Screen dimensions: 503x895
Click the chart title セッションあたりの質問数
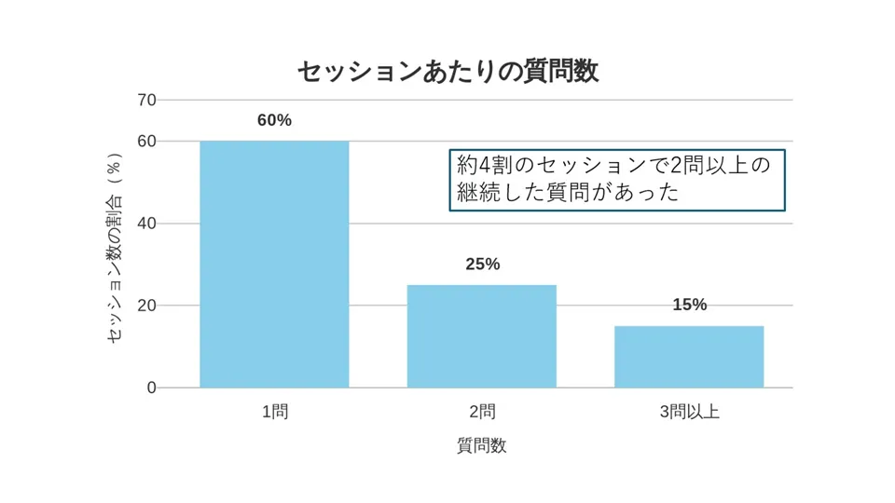(447, 71)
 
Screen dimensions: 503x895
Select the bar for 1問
(274, 265)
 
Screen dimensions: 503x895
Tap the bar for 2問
(482, 336)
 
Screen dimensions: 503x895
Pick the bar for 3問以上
(689, 357)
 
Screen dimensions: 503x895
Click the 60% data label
(274, 121)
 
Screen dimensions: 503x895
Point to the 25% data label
(482, 265)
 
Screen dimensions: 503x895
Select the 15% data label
(689, 306)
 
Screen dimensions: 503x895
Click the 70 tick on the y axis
(146, 100)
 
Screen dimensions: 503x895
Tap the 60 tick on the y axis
(146, 141)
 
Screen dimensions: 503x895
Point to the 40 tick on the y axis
(146, 224)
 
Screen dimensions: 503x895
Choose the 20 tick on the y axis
(146, 306)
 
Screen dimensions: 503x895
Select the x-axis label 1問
(274, 413)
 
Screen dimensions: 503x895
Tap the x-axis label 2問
(482, 413)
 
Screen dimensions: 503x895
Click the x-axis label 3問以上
(689, 413)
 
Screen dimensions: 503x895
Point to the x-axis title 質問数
(481, 445)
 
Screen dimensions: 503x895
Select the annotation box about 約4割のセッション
(616, 180)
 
